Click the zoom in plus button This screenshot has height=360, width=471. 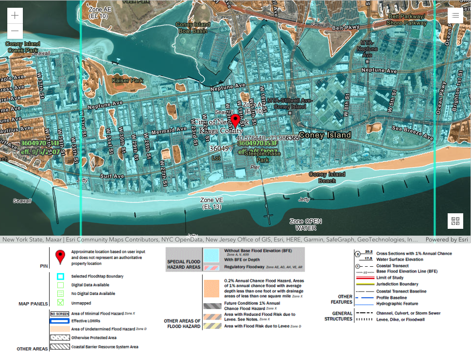click(15, 15)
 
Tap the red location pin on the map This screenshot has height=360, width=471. click(236, 120)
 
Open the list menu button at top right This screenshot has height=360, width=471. click(455, 15)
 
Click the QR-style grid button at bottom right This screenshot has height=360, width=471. click(455, 221)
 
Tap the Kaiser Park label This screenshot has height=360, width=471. click(127, 80)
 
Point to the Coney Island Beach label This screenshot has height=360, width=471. click(327, 177)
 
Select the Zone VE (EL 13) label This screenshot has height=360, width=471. click(211, 203)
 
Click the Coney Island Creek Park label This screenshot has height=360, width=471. click(22, 47)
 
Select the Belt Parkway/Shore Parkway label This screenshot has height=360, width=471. click(407, 19)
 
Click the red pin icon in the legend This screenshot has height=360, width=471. click(60, 256)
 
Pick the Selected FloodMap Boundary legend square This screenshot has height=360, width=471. click(60, 276)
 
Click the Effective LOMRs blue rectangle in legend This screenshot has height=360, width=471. click(60, 321)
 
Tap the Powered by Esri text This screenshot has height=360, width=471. click(446, 240)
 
